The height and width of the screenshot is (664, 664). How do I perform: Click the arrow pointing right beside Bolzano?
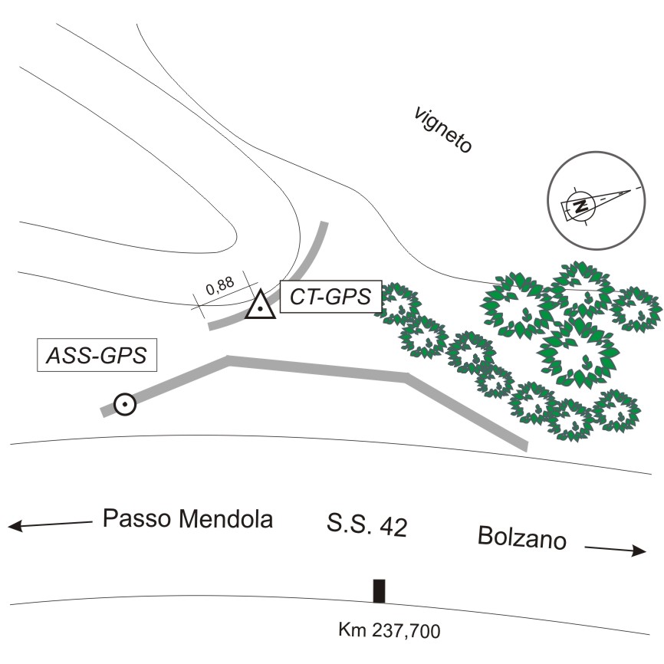[616, 549]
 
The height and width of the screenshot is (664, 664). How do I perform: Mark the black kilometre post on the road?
[379, 592]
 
